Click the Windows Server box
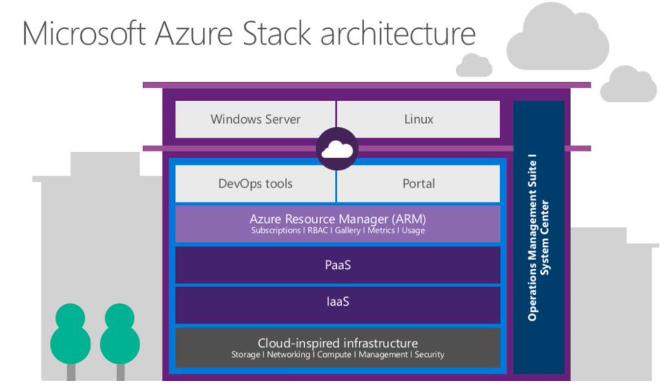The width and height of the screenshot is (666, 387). (x=256, y=119)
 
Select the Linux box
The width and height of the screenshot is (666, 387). (x=418, y=119)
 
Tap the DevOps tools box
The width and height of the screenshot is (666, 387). (x=256, y=184)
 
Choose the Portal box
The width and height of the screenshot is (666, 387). (x=418, y=184)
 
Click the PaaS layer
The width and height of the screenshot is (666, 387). (x=337, y=264)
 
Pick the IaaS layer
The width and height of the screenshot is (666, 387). (x=337, y=302)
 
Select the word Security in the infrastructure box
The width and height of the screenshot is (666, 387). (x=429, y=355)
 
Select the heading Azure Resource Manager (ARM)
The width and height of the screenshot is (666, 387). (x=337, y=220)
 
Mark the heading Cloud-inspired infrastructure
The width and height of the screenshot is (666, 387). (x=337, y=343)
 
